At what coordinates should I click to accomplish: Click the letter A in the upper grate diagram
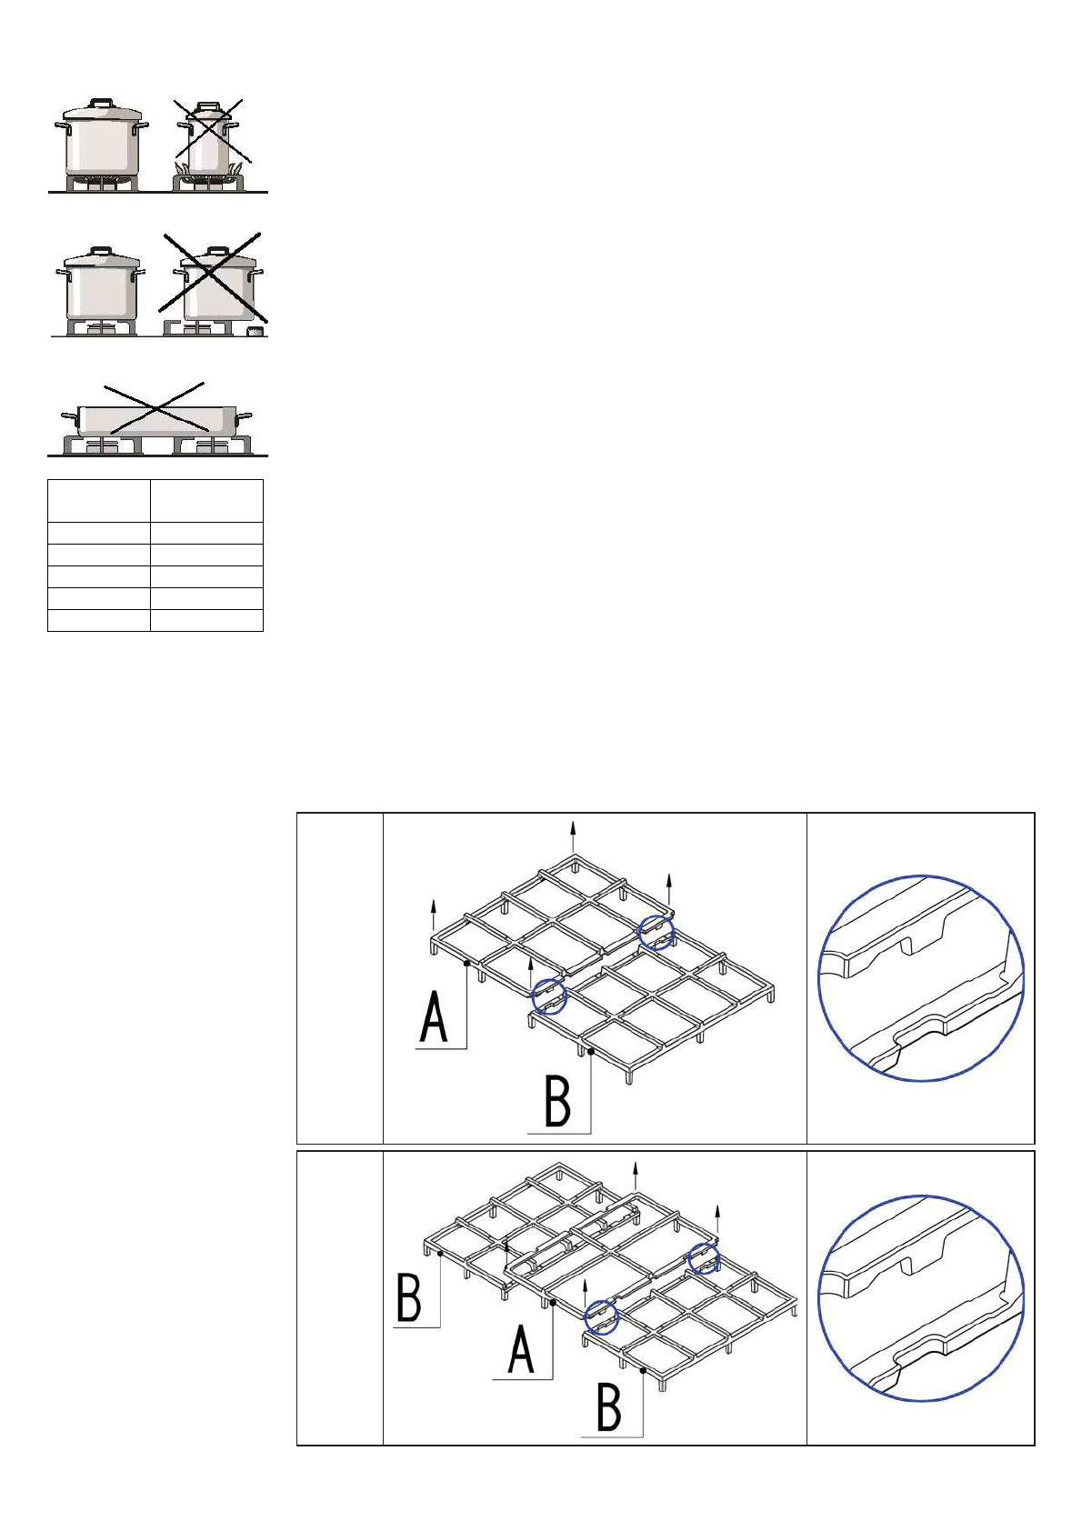point(434,1018)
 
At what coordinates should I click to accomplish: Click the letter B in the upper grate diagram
point(556,1101)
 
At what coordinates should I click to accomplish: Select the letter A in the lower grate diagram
point(520,1349)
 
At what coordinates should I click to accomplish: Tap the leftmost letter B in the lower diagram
point(409,1298)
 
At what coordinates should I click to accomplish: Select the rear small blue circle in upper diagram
point(656,933)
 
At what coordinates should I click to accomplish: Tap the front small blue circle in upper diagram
point(549,996)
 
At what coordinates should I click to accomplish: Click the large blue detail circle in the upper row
point(921,978)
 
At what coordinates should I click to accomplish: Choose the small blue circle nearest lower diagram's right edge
point(704,1258)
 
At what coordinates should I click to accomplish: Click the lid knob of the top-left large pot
point(101,104)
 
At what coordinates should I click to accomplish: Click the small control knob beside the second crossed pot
point(256,332)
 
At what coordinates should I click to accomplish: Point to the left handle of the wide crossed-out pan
point(69,416)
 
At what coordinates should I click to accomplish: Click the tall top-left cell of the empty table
point(98,500)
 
